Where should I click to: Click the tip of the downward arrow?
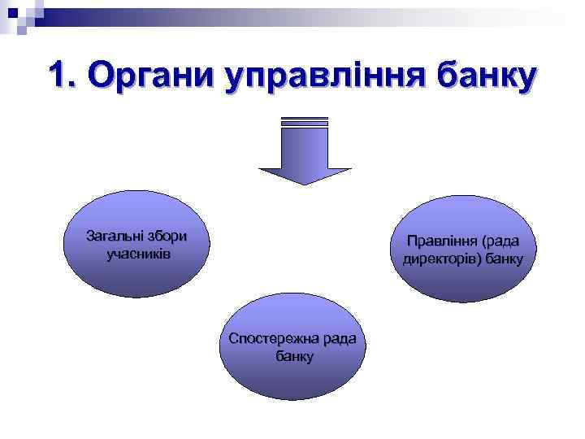tap(305, 182)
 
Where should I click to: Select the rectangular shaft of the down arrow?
tap(305, 146)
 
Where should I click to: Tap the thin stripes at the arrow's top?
tap(305, 122)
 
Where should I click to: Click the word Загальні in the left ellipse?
tap(113, 237)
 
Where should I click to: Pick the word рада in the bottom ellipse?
tap(339, 338)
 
